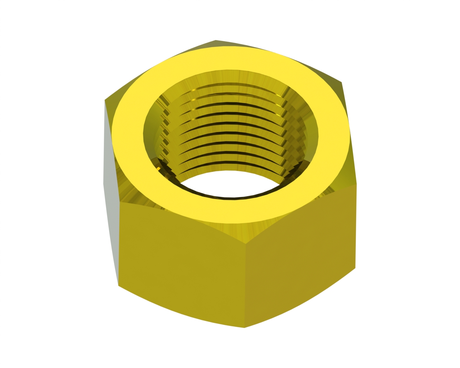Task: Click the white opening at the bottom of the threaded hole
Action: [x=230, y=183]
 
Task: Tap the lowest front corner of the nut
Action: [x=244, y=327]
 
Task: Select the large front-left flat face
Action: [x=180, y=266]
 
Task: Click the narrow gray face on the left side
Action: [x=111, y=190]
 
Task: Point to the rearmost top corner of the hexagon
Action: [x=216, y=40]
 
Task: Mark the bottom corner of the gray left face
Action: [x=118, y=286]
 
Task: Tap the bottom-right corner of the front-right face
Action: [x=355, y=268]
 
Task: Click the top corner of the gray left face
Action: [x=105, y=100]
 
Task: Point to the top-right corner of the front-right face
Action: [x=356, y=185]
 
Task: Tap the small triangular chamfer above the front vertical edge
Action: [x=245, y=234]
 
